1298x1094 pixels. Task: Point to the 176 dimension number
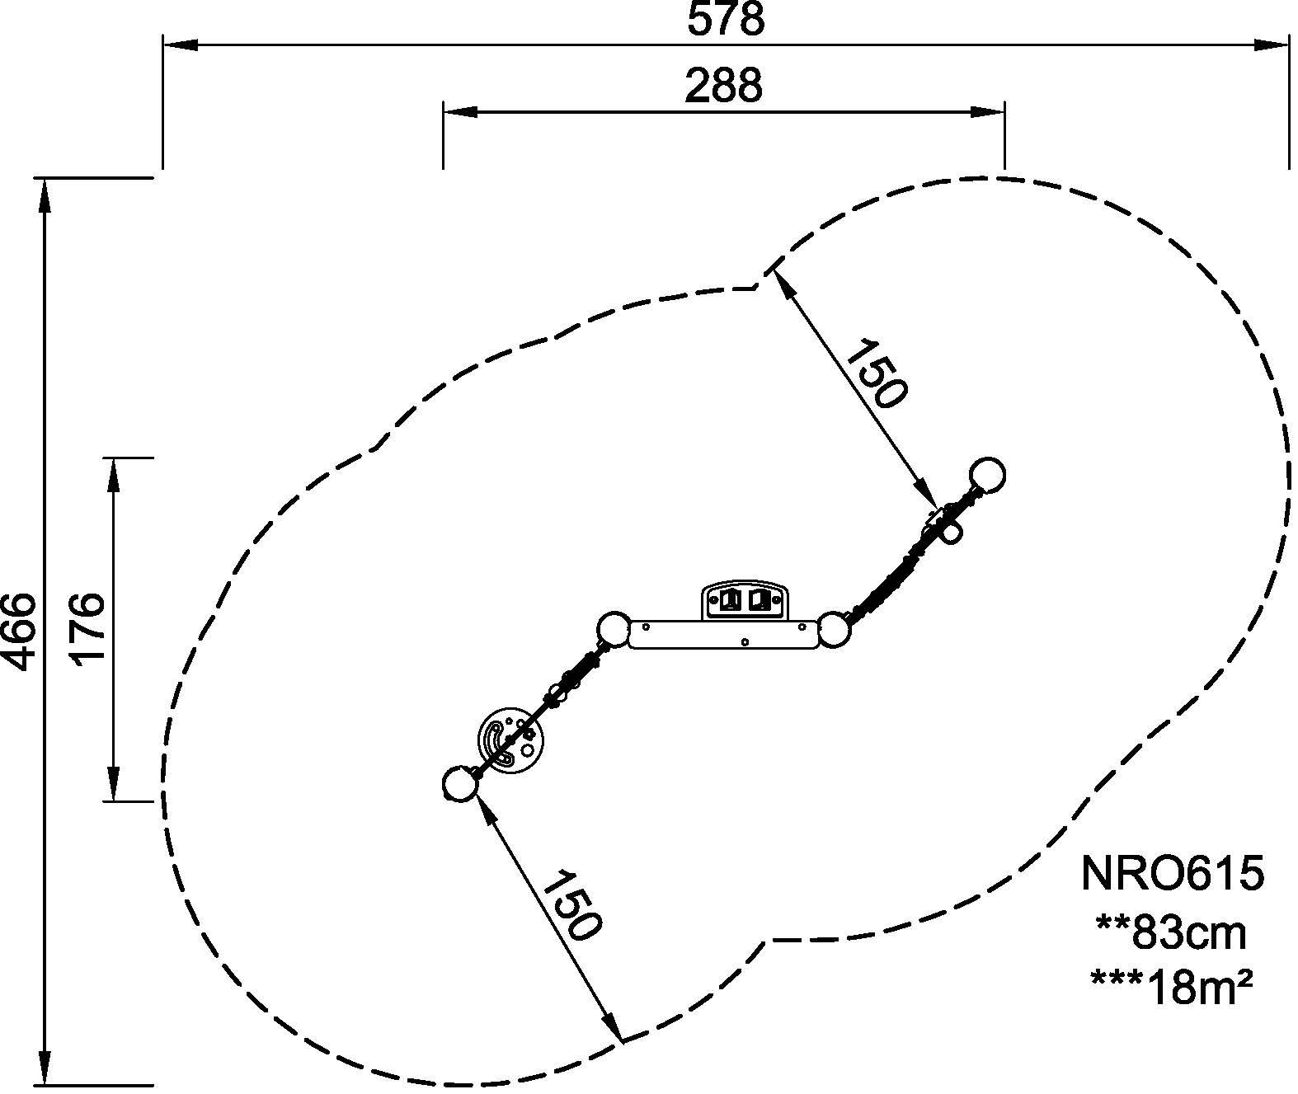[87, 627]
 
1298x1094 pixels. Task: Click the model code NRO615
[1172, 874]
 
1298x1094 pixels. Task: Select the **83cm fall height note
[1172, 932]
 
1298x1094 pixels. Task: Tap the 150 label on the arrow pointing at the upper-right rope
[877, 373]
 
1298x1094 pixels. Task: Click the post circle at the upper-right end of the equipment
[987, 475]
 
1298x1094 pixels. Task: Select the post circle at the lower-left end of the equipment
[459, 784]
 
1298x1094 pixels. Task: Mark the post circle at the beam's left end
[613, 631]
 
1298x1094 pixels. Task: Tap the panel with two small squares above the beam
[745, 601]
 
